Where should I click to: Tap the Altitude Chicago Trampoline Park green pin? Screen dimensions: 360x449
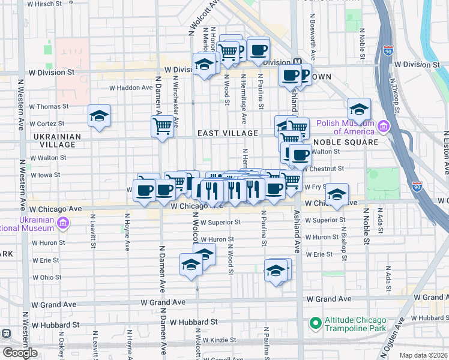point(315,323)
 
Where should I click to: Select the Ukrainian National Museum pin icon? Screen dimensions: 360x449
point(64,224)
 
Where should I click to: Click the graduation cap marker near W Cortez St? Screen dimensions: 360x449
point(99,116)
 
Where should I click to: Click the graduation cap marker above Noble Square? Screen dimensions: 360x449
point(359,109)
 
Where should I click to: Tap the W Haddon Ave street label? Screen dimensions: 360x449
point(131,88)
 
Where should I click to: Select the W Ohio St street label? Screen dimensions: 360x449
point(46,277)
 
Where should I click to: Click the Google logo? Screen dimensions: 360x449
point(20,353)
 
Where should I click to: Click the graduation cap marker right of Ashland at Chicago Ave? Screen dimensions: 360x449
point(337,194)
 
